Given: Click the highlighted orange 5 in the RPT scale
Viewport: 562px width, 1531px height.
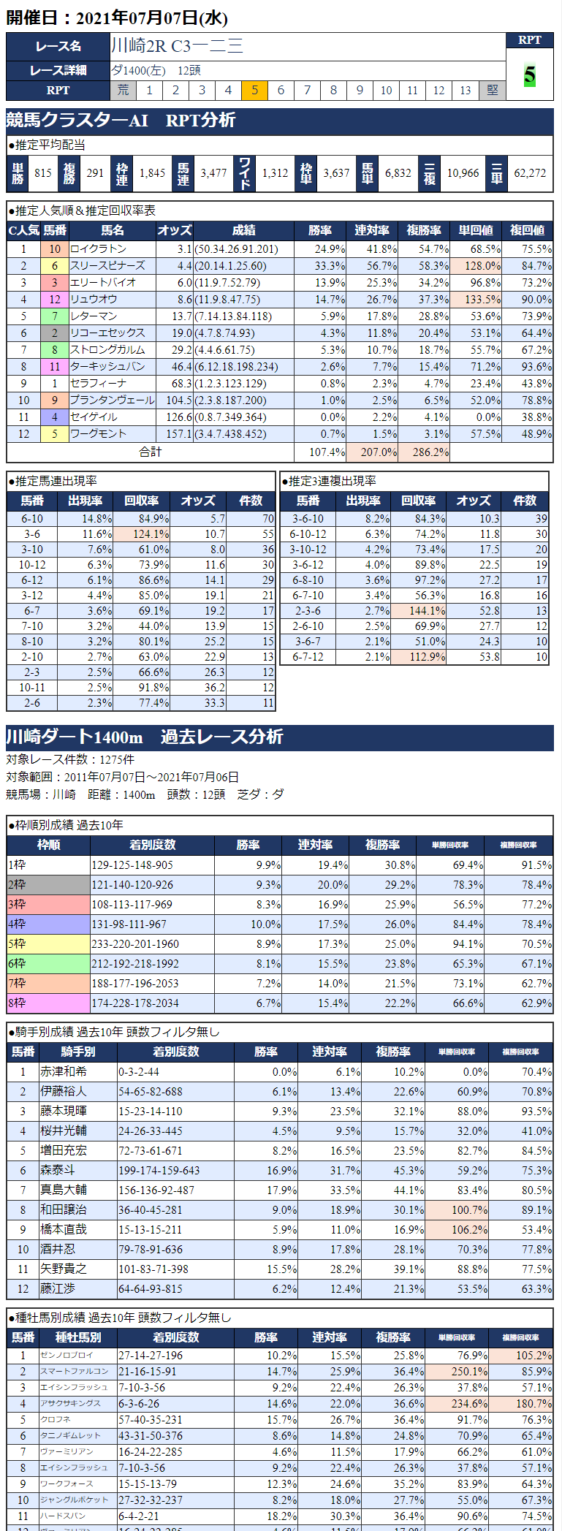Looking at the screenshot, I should click(x=254, y=90).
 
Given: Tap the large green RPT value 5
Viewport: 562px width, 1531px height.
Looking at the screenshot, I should click(x=530, y=75).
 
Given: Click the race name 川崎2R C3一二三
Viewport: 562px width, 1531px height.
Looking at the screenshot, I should click(x=177, y=46).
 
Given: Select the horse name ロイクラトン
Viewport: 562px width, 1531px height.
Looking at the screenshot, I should click(x=98, y=249).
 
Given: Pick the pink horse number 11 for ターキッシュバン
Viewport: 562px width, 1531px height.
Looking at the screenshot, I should click(x=55, y=367).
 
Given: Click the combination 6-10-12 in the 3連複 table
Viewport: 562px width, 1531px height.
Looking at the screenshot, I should click(x=308, y=534).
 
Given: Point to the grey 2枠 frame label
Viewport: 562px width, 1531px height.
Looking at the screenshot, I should click(x=48, y=885).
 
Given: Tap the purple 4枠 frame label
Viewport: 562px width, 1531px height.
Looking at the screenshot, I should click(x=48, y=924).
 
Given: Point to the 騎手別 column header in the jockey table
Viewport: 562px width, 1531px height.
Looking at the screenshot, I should click(x=77, y=1052).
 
